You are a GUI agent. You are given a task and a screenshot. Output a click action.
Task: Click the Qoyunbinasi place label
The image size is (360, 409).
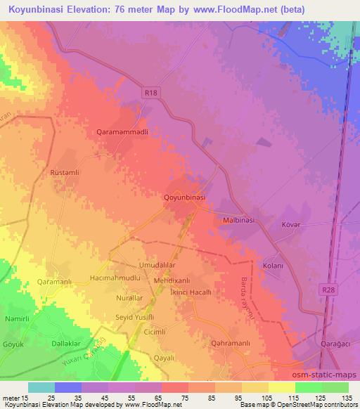pyautogui.click(x=184, y=197)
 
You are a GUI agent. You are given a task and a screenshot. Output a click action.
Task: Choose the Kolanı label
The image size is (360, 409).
pyautogui.click(x=272, y=266)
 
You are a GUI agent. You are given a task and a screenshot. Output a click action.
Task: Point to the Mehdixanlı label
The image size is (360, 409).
pyautogui.click(x=172, y=280)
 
